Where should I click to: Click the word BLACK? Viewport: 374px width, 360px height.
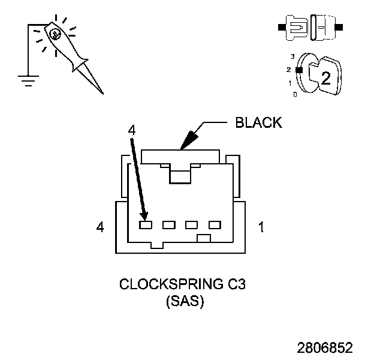coord(258,123)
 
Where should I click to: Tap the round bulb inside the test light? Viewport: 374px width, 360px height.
coord(55,34)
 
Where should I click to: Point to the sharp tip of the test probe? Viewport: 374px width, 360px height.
coord(102,93)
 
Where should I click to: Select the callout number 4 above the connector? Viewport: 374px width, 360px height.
coord(132,130)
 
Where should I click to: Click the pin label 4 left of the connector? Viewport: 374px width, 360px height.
coord(101,227)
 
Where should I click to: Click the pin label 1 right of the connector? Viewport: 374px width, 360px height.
coord(261,227)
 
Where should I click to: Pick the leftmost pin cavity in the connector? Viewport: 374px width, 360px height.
coord(146,225)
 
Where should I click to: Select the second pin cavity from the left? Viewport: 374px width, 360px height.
coord(168,225)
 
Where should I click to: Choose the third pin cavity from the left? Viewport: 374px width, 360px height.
coord(192,225)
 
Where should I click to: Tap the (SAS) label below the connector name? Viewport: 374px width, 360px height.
coord(185,302)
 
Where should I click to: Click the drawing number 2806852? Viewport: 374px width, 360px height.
coord(325,348)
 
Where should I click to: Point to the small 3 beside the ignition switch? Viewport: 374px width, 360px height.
coord(292,56)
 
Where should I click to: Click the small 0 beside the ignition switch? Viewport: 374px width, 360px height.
coord(294,95)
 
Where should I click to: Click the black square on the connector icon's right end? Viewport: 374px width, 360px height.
coord(340,27)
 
